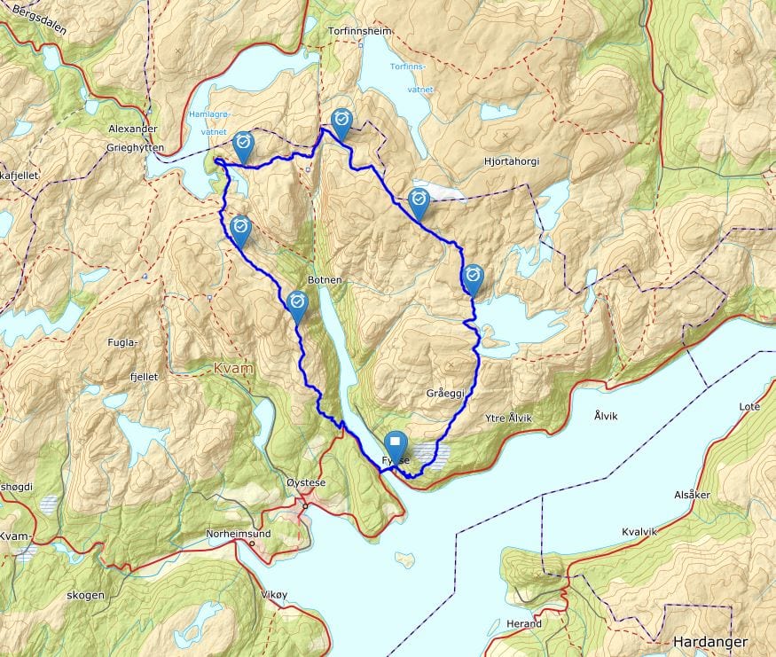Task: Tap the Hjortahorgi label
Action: click(x=512, y=161)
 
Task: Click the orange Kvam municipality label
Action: click(x=233, y=367)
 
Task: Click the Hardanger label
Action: click(x=709, y=642)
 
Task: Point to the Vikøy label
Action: click(x=276, y=594)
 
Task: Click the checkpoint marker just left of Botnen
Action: click(x=297, y=302)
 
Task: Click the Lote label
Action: click(x=749, y=406)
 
